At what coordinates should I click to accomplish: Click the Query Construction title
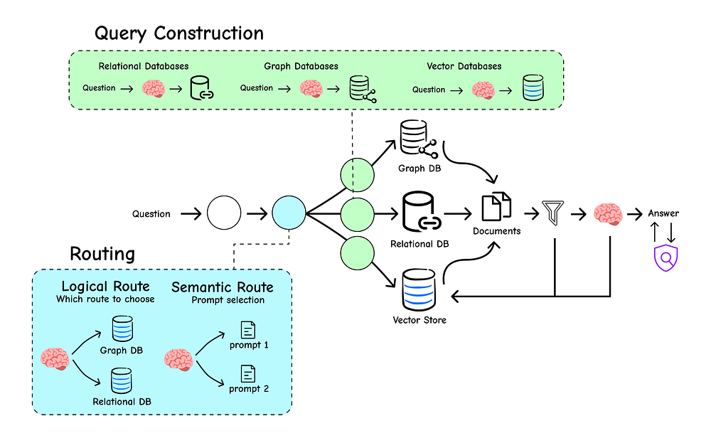(179, 33)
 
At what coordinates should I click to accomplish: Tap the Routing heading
(102, 253)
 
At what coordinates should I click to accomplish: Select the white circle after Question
(224, 213)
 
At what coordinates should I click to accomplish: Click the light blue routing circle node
(289, 213)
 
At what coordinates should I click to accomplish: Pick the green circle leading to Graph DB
(358, 175)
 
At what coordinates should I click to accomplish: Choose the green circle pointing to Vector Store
(358, 253)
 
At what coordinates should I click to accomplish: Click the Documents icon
(496, 206)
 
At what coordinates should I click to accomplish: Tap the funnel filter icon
(553, 213)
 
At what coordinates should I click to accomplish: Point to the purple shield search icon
(665, 258)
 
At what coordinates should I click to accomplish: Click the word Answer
(663, 213)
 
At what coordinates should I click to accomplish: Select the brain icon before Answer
(608, 213)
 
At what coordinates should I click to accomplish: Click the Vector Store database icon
(419, 290)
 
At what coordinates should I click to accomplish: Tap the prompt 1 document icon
(248, 330)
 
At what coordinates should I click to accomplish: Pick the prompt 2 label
(249, 388)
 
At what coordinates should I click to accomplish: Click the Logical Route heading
(106, 286)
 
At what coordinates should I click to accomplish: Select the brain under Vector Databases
(483, 90)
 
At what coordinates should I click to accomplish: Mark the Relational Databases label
(144, 66)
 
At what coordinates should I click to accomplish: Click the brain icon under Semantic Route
(178, 360)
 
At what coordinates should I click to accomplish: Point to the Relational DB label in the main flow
(419, 244)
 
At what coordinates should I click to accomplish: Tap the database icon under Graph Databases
(363, 89)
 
